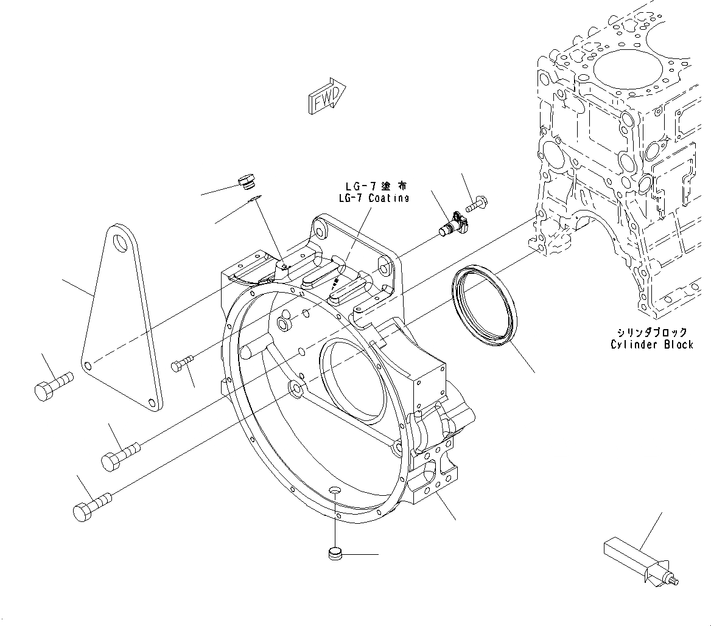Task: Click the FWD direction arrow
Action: (x=327, y=96)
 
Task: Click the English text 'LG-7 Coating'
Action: (x=373, y=198)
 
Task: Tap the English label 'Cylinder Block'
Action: (x=651, y=345)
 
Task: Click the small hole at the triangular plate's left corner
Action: (x=89, y=365)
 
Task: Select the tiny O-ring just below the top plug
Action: (x=254, y=196)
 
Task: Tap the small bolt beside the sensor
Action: (x=478, y=203)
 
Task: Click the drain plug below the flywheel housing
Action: (x=334, y=554)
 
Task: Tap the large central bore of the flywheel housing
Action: (x=350, y=380)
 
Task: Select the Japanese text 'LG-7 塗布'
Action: (x=373, y=186)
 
